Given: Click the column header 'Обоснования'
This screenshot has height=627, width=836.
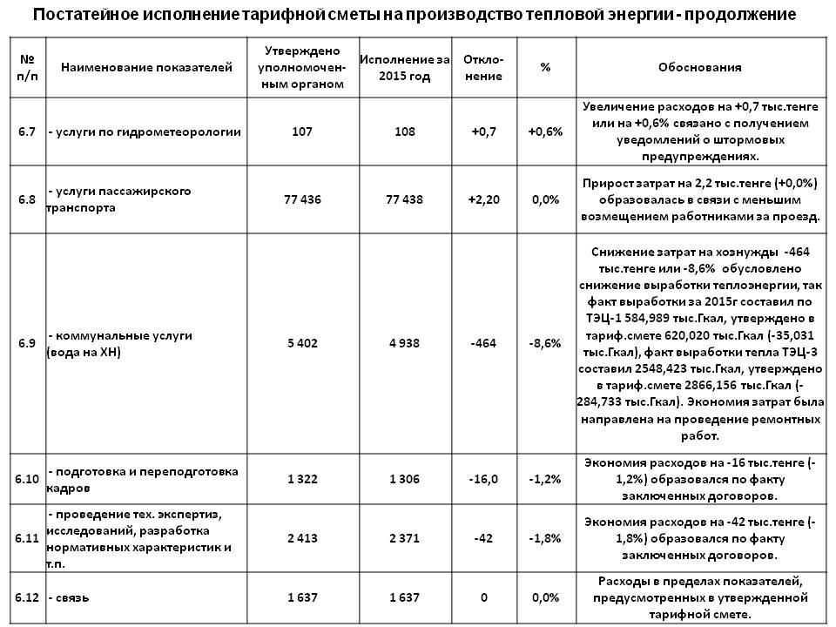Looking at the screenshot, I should click(x=700, y=67).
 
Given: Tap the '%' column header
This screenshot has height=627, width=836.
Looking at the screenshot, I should click(x=545, y=67).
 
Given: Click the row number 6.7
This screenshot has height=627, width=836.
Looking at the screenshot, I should click(x=27, y=131).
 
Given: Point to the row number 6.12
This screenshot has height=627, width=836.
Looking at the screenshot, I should click(x=27, y=598).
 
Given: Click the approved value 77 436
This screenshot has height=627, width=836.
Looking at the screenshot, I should click(x=303, y=199).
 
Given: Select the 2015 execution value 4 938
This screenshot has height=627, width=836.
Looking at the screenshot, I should click(x=404, y=343).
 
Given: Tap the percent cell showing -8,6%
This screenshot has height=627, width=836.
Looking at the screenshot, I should click(x=545, y=343).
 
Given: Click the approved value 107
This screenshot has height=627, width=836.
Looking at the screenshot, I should click(x=303, y=131).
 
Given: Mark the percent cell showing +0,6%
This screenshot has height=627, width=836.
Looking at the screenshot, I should click(x=545, y=131).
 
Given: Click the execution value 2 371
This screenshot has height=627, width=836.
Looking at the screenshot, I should click(x=404, y=539).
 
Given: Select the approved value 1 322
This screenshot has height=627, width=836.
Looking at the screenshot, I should click(x=303, y=480).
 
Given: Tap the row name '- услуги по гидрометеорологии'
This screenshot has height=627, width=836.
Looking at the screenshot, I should click(x=145, y=131).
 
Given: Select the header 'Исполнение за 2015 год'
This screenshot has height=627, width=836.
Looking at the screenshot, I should click(x=404, y=67).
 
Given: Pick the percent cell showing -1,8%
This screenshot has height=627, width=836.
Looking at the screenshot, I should click(x=545, y=539).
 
